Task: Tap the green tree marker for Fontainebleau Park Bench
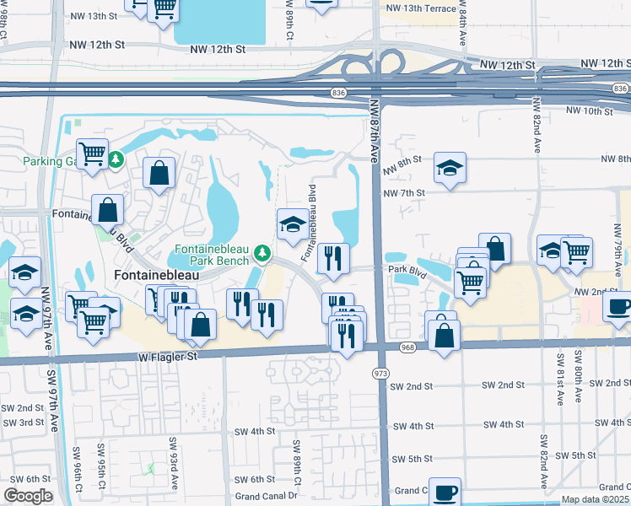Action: point(264,252)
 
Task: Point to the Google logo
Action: point(27,496)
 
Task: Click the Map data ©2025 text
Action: point(594,499)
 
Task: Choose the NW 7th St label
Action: point(402,193)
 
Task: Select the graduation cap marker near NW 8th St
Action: point(450,168)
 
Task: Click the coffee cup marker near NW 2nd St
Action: point(618,306)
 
